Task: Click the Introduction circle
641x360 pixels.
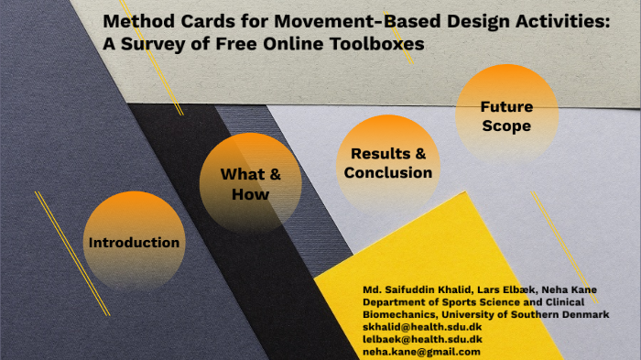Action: [133, 242]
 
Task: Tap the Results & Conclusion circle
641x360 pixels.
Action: [387, 163]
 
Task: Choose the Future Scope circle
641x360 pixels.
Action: [505, 116]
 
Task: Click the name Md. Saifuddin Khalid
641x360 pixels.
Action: [417, 289]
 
